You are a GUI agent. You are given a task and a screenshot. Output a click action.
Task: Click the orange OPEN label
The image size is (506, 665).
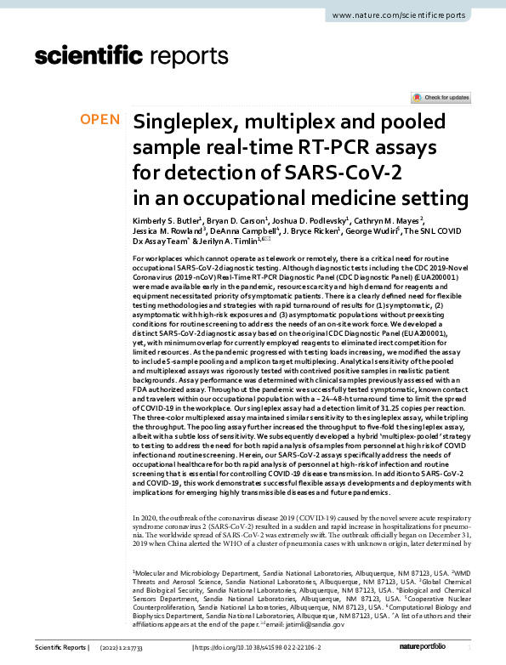(x=99, y=120)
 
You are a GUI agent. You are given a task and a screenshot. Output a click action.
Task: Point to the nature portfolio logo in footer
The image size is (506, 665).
(x=443, y=648)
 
